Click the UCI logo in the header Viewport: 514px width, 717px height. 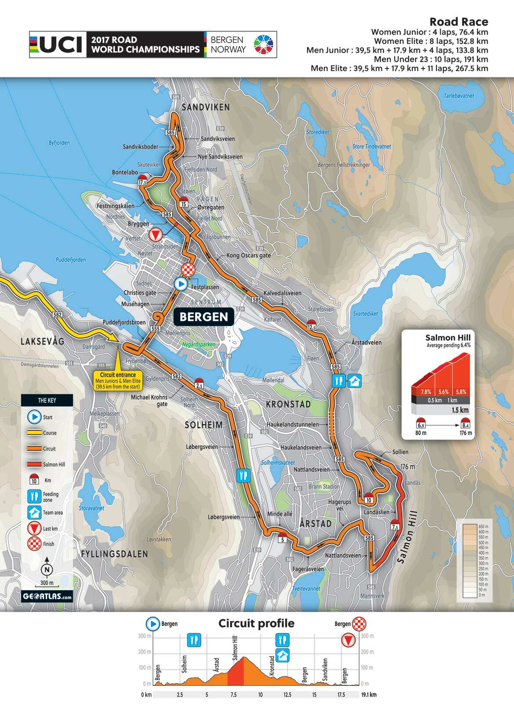[x=58, y=44]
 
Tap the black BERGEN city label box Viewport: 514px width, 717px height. [x=203, y=317]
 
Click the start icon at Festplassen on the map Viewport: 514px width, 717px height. [x=181, y=284]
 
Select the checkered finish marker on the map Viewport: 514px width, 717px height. [x=188, y=269]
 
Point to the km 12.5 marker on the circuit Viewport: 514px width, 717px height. [x=311, y=325]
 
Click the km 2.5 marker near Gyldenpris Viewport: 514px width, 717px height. [x=199, y=383]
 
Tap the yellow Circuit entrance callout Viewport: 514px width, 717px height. [x=118, y=380]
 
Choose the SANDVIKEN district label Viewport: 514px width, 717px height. [x=206, y=107]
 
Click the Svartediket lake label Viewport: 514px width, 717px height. [x=365, y=313]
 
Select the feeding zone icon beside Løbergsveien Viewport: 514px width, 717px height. [x=243, y=475]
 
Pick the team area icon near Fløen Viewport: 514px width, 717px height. [x=354, y=381]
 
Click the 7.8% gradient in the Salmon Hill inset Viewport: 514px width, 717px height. [x=425, y=392]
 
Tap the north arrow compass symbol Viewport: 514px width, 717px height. [x=47, y=569]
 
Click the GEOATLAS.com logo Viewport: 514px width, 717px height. [x=47, y=596]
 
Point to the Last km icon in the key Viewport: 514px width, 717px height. [x=34, y=528]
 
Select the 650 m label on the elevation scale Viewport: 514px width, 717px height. [x=483, y=526]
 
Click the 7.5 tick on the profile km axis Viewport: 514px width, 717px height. [x=233, y=695]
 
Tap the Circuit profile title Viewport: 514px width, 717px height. [x=256, y=623]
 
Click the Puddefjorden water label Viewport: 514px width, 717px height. [x=71, y=259]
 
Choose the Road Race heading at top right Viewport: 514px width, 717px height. [x=458, y=22]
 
